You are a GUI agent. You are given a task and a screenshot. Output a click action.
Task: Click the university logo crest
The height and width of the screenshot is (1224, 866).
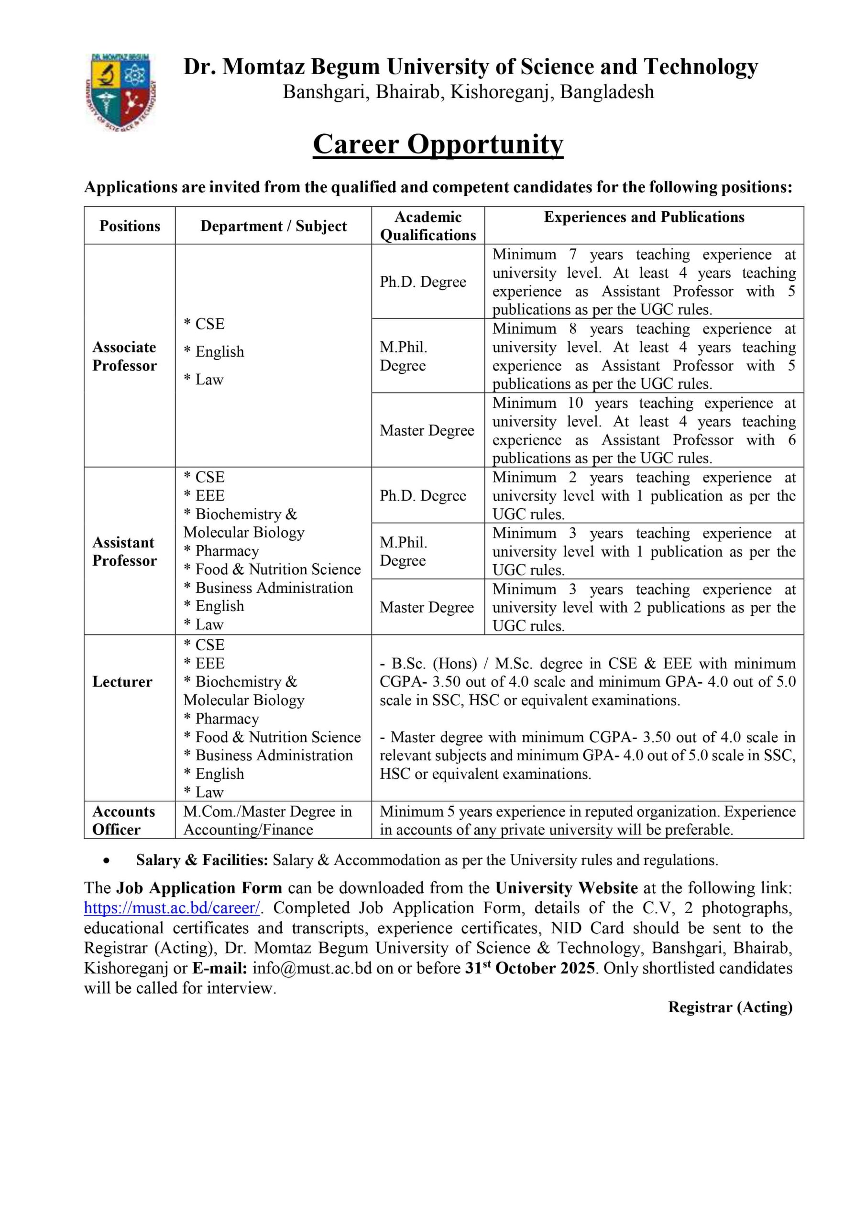120,92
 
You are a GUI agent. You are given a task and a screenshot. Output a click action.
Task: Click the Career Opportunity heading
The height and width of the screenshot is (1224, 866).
438,144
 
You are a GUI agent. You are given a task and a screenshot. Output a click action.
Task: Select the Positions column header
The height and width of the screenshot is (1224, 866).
130,226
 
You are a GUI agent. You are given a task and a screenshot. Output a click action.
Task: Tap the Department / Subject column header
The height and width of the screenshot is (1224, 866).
273,226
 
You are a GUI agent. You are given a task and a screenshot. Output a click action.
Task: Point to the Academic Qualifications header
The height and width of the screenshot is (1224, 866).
428,226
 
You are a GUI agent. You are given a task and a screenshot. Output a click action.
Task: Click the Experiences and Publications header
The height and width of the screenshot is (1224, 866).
644,217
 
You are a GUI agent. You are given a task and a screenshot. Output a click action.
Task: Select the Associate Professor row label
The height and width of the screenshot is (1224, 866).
124,356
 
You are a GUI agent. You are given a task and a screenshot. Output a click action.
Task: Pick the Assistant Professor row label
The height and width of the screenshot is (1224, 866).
124,551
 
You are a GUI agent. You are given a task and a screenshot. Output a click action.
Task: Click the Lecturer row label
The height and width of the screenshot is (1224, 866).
122,681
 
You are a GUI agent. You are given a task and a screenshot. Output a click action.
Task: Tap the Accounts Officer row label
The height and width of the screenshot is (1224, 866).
123,820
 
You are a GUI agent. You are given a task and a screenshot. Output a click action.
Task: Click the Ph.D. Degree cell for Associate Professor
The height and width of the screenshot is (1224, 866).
423,282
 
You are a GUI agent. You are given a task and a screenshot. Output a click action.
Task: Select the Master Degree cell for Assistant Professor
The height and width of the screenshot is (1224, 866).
427,607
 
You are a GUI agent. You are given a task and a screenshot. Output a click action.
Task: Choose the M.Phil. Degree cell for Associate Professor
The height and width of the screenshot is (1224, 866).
403,356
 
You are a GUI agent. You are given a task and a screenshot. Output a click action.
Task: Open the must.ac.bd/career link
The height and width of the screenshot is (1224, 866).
172,908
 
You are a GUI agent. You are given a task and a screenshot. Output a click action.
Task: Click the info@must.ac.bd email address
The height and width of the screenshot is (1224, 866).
312,968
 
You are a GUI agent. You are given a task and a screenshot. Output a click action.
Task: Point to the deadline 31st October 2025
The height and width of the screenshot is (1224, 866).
529,968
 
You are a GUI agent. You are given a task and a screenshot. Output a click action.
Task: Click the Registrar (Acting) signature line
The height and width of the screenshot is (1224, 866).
730,1007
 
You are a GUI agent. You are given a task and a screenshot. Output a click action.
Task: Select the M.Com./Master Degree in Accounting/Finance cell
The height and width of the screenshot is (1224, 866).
268,820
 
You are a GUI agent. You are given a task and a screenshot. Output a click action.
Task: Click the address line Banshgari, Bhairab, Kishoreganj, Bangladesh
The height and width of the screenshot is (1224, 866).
468,92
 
